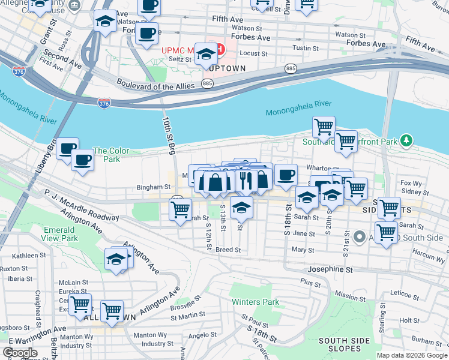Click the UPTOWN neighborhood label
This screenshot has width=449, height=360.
click(x=226, y=68)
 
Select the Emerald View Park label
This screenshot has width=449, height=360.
click(x=61, y=234)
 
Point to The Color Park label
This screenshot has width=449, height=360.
click(x=107, y=155)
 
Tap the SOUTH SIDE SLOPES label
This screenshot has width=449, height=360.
click(x=344, y=345)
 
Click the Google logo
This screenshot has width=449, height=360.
click(x=20, y=352)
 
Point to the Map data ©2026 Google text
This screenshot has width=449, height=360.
click(x=412, y=355)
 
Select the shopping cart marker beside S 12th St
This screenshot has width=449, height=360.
click(x=180, y=209)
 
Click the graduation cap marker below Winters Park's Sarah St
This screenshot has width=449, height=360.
click(x=242, y=207)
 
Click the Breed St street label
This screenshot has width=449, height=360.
click(x=228, y=250)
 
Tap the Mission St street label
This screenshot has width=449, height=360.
click(x=346, y=295)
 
